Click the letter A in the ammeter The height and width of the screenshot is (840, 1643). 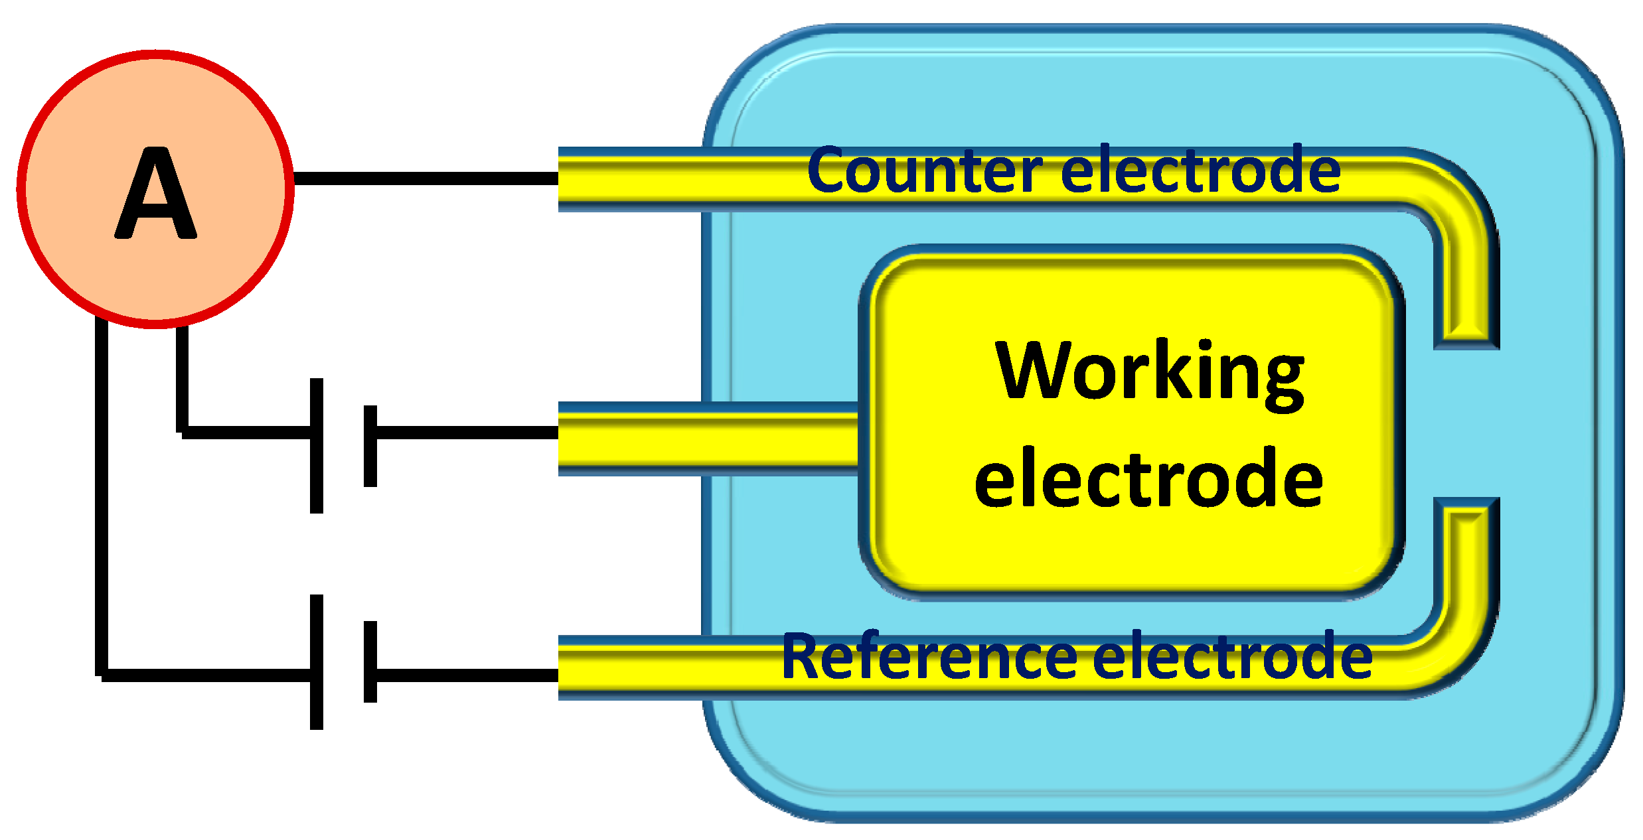pyautogui.click(x=156, y=194)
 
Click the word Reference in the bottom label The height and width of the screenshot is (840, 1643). pyautogui.click(x=929, y=657)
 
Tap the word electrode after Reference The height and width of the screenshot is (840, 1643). pyautogui.click(x=1232, y=657)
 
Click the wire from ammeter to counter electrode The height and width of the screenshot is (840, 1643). pyautogui.click(x=425, y=178)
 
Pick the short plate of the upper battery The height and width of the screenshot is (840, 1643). pyautogui.click(x=370, y=446)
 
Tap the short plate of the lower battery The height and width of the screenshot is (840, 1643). pyautogui.click(x=370, y=662)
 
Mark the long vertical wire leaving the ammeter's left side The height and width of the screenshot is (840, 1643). pyautogui.click(x=102, y=498)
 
